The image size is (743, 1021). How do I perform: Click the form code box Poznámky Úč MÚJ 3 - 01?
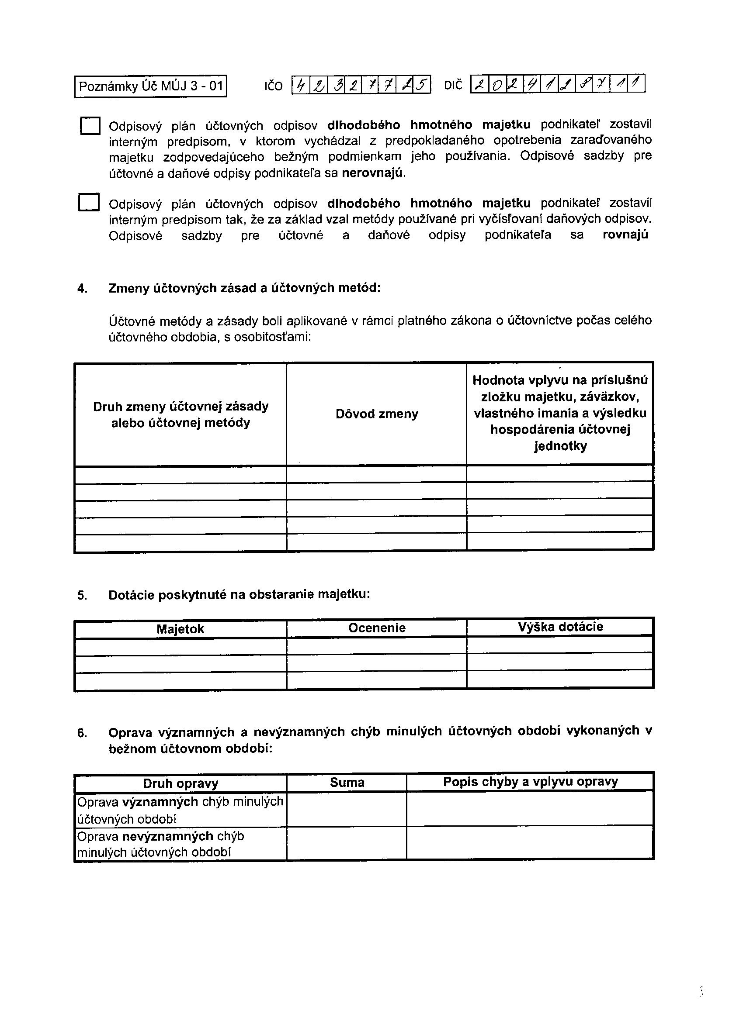coord(150,86)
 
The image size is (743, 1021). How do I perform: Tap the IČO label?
coord(273,86)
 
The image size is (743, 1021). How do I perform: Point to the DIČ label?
coord(453,86)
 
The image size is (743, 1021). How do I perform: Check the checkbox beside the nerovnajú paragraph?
coord(90,126)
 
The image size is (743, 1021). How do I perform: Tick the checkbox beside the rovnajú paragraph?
coord(88,203)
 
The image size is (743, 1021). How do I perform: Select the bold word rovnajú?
coord(625,235)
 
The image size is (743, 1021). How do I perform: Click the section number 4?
coord(82,289)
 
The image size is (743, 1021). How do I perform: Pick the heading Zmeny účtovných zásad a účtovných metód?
coord(244,288)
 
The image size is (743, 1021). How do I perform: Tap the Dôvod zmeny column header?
coord(377,414)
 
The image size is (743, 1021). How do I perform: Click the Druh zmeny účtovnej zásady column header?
coord(180,414)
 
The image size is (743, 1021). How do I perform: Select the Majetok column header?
coord(180,629)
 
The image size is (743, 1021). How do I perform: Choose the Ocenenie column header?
coord(377,628)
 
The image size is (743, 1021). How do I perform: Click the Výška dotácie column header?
coord(560,627)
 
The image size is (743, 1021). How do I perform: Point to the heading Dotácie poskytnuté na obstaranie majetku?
coord(239,595)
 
